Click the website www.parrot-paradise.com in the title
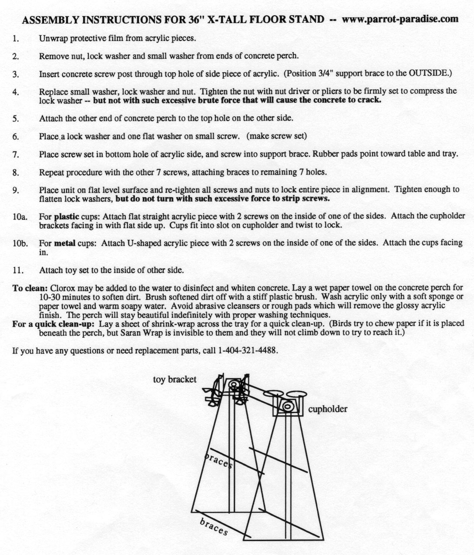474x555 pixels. click(x=400, y=19)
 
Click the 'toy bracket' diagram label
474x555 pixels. click(x=175, y=380)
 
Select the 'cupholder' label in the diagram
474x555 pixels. click(x=328, y=409)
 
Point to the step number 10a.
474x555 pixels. click(x=19, y=216)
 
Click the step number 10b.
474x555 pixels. click(x=20, y=243)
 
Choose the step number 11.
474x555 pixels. click(x=18, y=270)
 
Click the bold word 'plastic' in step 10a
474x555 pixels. click(x=67, y=216)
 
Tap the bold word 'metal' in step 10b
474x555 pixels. click(x=65, y=243)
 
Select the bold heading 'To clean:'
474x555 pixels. click(x=30, y=288)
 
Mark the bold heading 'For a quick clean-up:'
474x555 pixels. click(x=53, y=323)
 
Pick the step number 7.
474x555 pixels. click(x=16, y=155)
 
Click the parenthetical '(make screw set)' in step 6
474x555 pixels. click(x=276, y=136)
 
